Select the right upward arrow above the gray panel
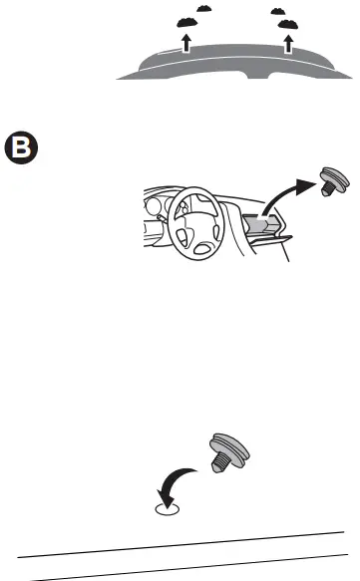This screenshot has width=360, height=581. point(289,41)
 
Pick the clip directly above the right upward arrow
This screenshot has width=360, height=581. point(289,22)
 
